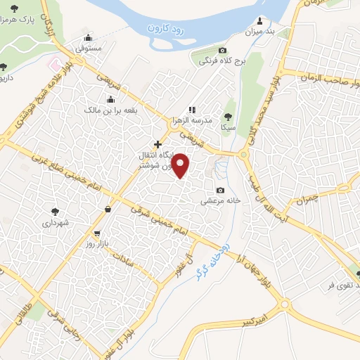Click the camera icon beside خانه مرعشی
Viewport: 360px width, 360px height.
click(221, 191)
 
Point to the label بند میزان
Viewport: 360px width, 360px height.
click(258, 32)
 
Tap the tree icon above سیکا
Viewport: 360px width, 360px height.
click(228, 117)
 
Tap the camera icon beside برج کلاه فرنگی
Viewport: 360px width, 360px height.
click(223, 50)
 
